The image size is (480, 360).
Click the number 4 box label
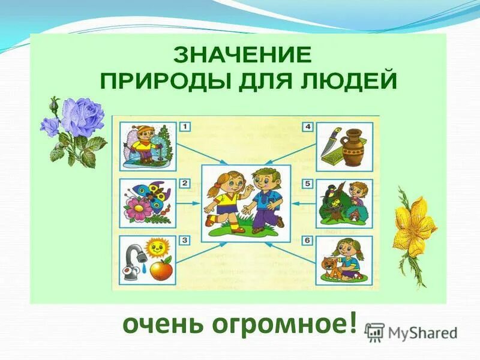(x=308, y=127)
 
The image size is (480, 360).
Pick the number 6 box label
(x=308, y=241)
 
